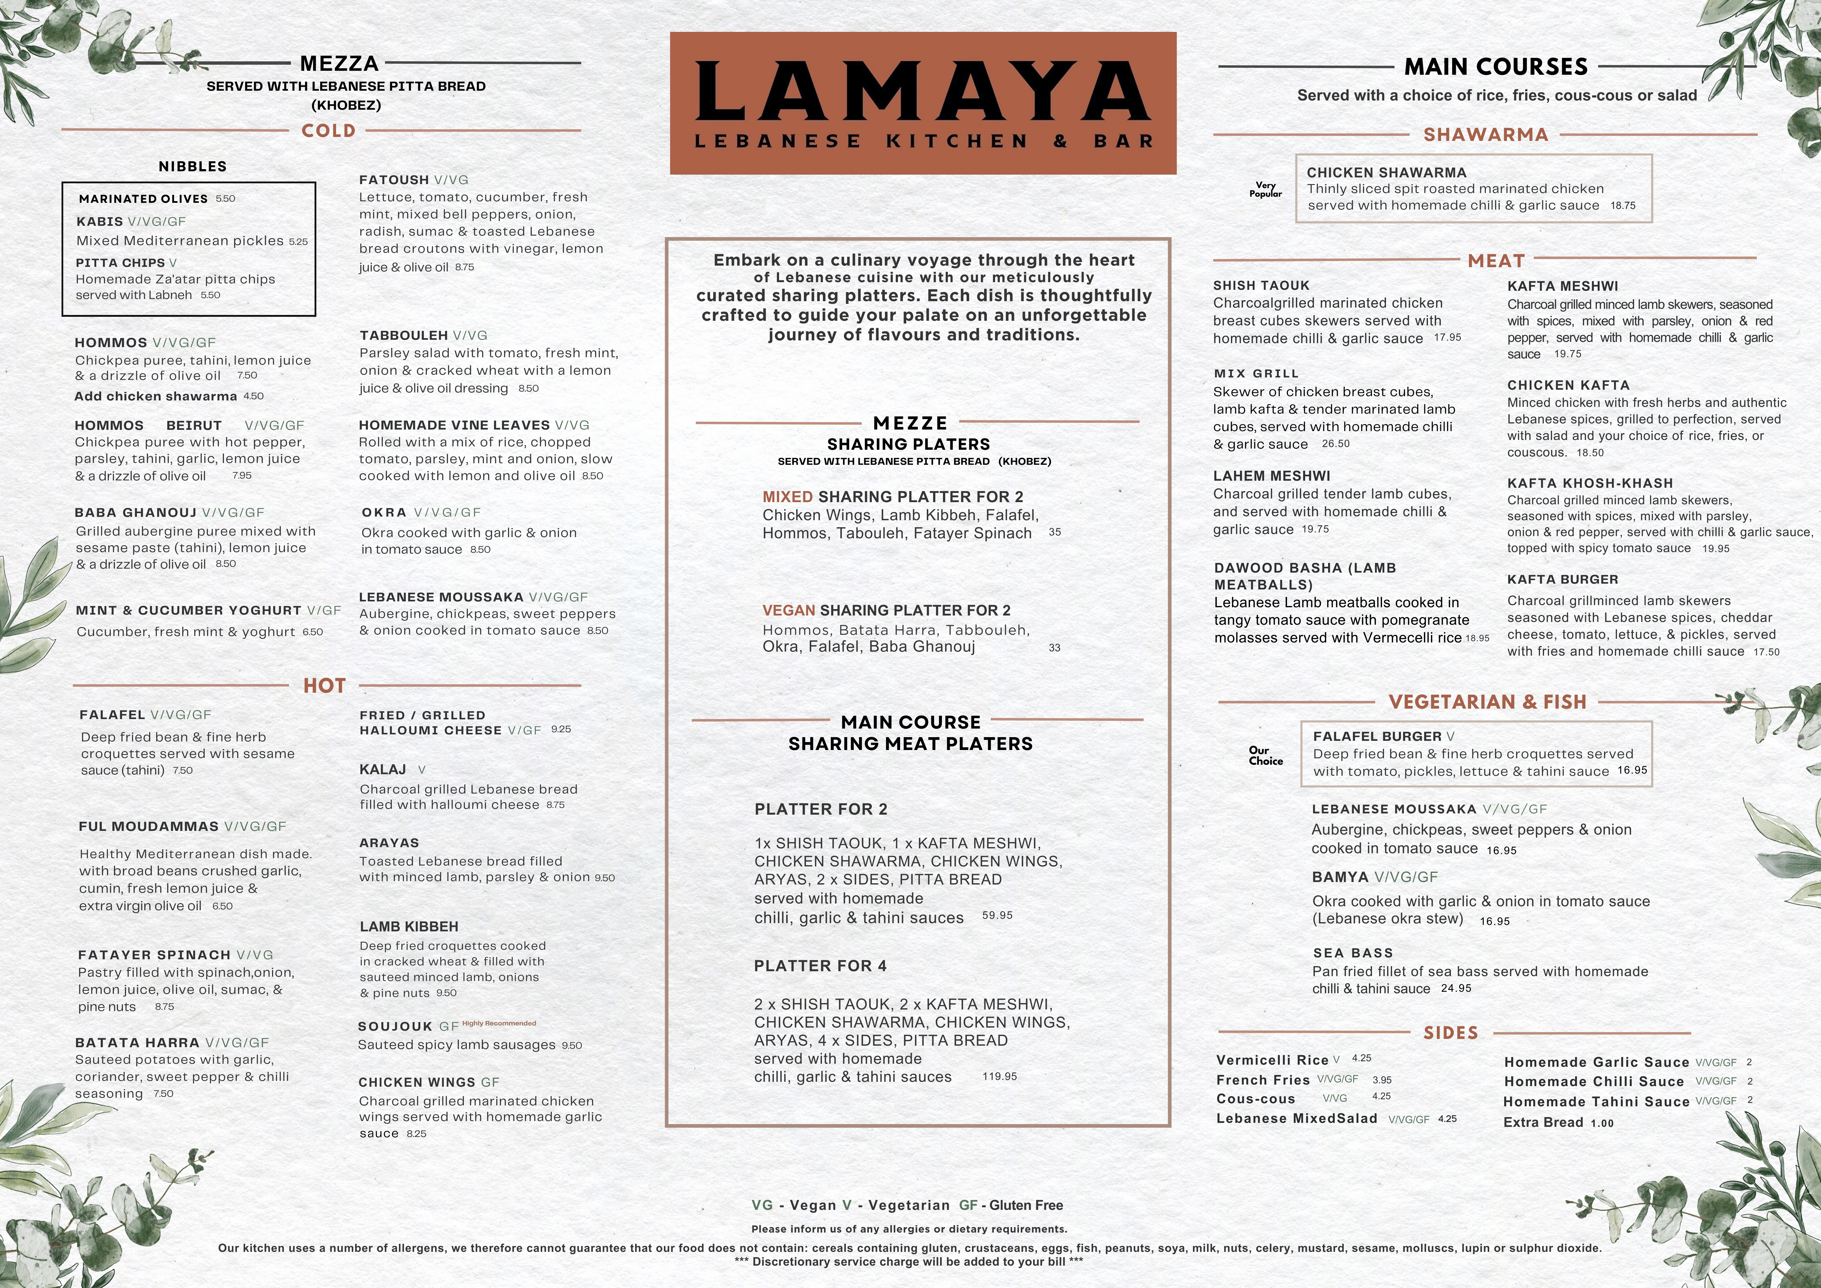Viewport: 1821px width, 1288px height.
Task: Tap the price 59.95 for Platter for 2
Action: pos(997,915)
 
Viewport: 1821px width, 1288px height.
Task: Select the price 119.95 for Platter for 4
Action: pos(999,1076)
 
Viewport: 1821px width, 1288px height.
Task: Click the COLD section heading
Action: pos(328,131)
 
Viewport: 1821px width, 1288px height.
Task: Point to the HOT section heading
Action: pos(324,686)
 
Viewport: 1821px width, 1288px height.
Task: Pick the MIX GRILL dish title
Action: pos(1256,373)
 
